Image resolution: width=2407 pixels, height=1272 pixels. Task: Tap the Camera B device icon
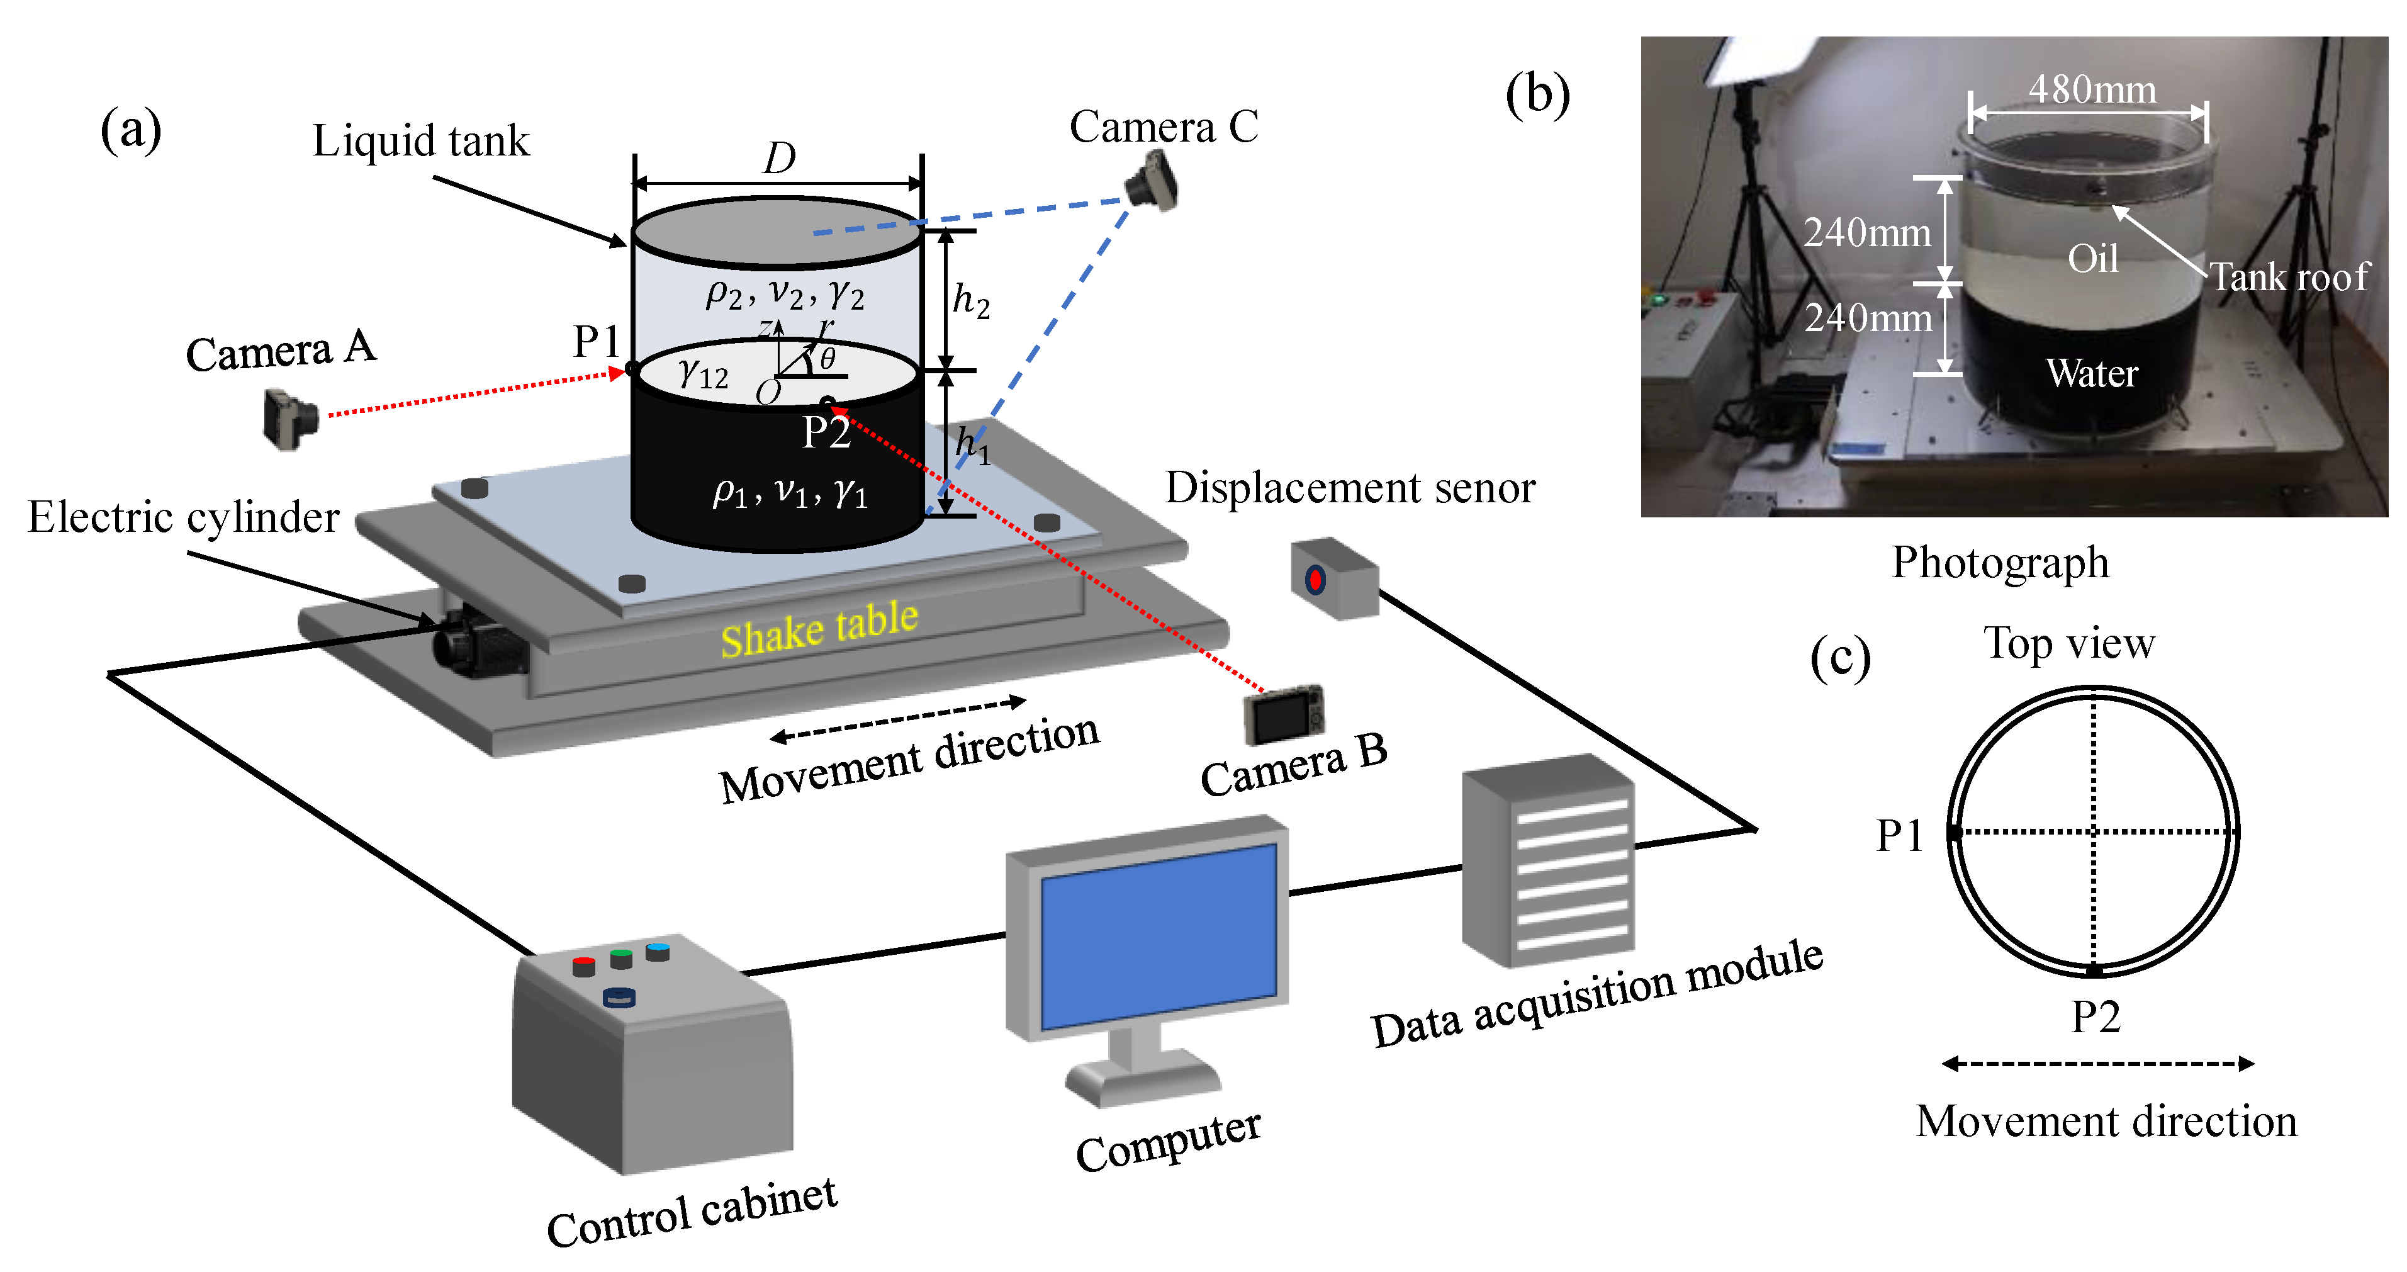tap(1284, 715)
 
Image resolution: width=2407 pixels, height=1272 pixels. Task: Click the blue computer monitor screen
tap(1159, 935)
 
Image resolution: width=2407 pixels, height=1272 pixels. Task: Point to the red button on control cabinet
tap(583, 962)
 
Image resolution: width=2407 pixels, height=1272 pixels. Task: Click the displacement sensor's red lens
tap(1315, 580)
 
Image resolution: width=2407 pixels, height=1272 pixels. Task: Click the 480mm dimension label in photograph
tap(2091, 90)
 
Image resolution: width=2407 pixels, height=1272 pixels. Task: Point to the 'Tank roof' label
tap(2289, 278)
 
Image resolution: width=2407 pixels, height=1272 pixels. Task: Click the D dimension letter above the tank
tap(778, 158)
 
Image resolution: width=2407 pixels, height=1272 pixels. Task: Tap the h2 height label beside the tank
tap(970, 301)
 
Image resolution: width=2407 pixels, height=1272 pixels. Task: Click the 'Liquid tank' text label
tap(420, 141)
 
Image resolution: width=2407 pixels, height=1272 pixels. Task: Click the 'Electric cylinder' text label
tap(183, 517)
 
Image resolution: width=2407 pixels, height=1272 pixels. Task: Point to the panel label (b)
tap(1537, 94)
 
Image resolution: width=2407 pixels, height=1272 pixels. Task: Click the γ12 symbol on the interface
tap(703, 374)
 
